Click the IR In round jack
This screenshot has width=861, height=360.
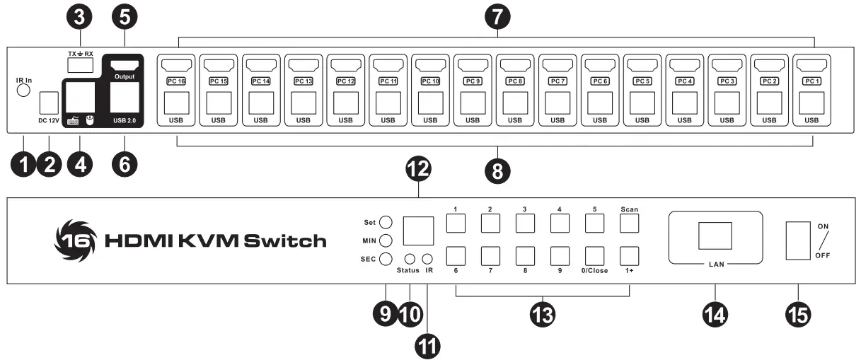pos(23,90)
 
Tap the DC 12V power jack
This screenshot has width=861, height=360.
pos(49,103)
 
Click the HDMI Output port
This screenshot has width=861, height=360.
pos(125,65)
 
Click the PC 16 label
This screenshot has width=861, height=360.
pos(176,81)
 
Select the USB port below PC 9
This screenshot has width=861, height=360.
pos(473,102)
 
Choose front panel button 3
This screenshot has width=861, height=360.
pos(525,223)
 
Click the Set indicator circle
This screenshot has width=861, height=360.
pos(386,222)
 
